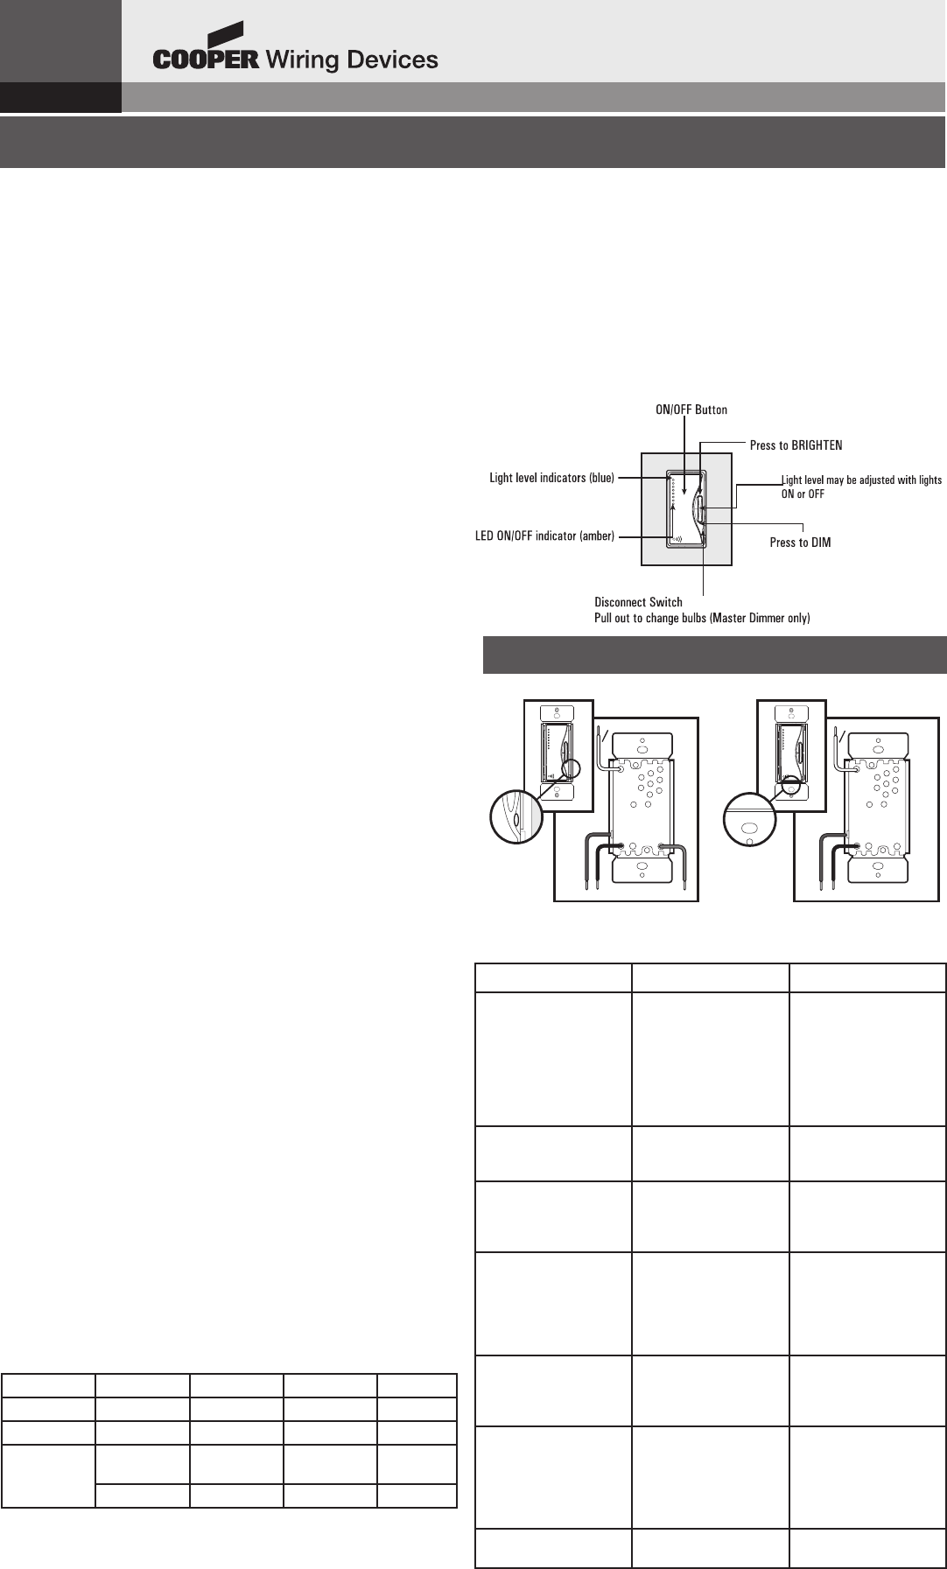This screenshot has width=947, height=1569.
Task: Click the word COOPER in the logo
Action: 206,60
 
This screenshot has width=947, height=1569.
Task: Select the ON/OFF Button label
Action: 691,410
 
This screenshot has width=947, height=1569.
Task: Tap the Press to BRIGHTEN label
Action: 796,445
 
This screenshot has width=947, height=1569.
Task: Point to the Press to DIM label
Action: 800,543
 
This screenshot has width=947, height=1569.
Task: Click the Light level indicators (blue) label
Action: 551,478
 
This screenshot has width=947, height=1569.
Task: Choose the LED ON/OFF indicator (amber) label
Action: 544,536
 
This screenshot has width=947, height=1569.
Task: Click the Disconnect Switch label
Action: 638,602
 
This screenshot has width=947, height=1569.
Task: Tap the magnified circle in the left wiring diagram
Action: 516,816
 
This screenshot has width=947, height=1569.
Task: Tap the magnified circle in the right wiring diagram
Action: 749,819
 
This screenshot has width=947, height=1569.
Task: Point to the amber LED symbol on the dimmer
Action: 677,538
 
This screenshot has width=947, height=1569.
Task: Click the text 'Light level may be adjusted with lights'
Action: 861,480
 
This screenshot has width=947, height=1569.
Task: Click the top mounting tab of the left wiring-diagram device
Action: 642,747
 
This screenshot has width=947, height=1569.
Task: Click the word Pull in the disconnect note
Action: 604,618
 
